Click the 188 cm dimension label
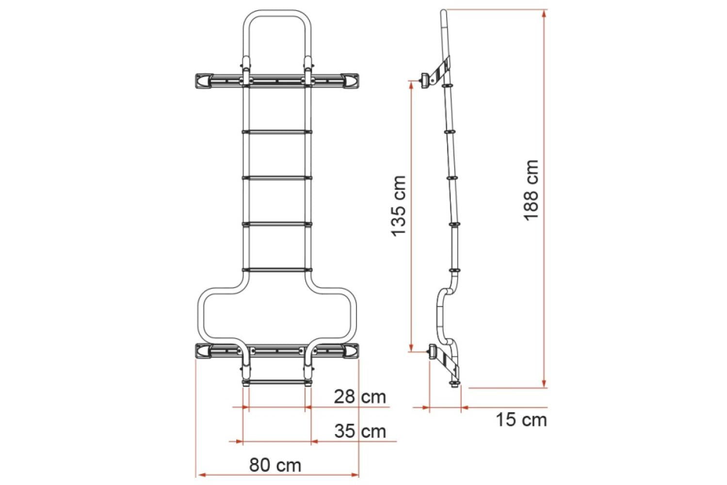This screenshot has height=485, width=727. coord(532,189)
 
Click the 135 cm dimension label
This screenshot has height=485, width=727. coord(399,206)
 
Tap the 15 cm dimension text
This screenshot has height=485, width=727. coord(521,420)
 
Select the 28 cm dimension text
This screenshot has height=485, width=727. coord(360,397)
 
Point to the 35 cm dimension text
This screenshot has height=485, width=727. coord(360,431)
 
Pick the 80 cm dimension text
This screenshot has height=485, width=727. coord(275,465)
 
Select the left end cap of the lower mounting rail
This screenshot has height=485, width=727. coord(203,351)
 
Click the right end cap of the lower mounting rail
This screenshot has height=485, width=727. coord(350,351)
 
